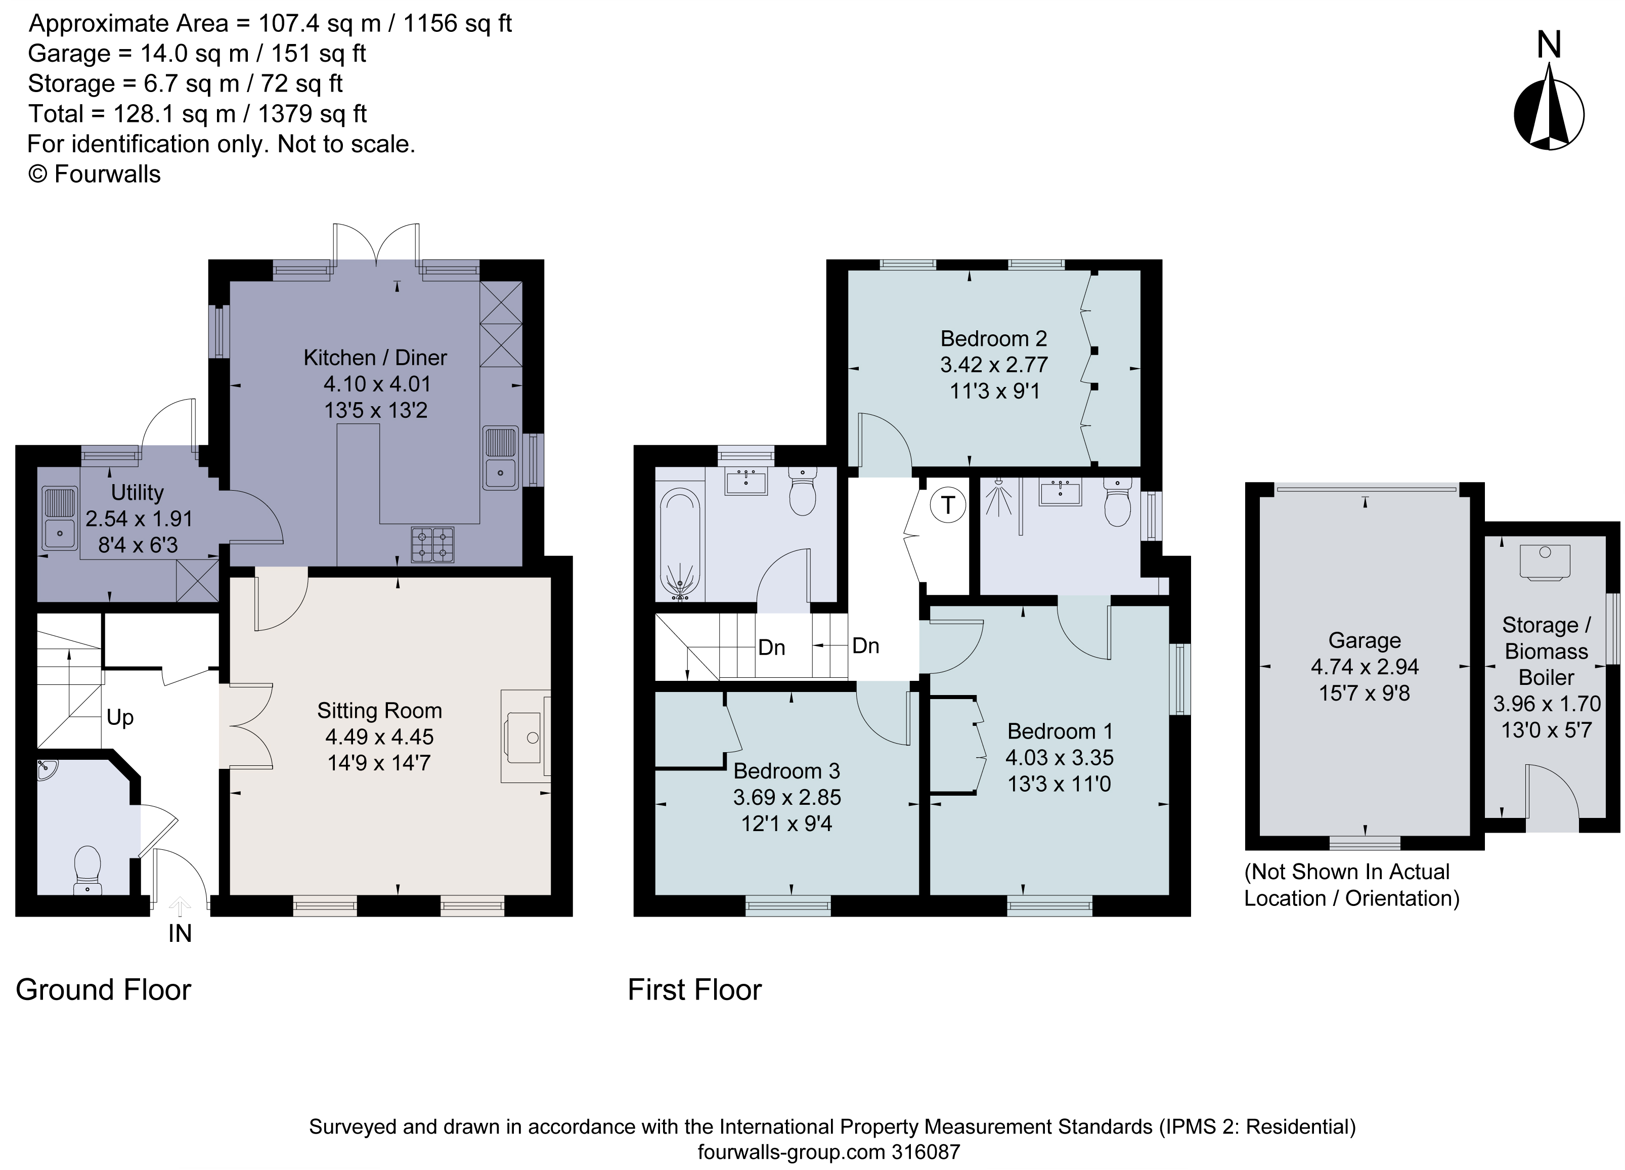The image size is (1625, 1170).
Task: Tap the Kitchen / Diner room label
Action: tap(375, 357)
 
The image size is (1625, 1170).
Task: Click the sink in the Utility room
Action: tap(60, 518)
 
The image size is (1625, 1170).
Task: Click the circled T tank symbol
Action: tap(948, 506)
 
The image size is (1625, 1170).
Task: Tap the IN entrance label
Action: tap(180, 934)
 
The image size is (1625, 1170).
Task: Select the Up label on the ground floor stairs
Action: tap(120, 717)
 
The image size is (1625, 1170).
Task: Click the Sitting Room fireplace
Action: tap(525, 736)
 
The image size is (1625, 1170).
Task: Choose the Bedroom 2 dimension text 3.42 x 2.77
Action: tap(994, 365)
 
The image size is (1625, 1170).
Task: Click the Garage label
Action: tap(1364, 640)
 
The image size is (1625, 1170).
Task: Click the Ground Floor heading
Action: tap(103, 989)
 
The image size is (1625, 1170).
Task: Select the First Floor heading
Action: tap(694, 989)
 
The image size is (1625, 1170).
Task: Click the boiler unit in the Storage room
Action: tap(1545, 561)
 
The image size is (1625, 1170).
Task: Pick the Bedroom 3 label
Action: tap(786, 771)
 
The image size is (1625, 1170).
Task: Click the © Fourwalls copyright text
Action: tap(94, 174)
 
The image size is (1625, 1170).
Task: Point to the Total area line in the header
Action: tap(197, 114)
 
